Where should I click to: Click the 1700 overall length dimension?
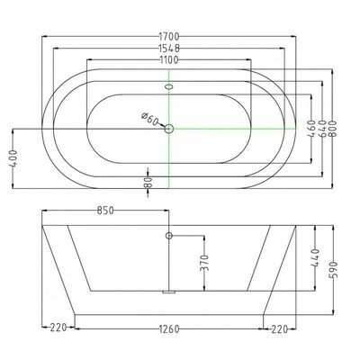click(x=169, y=37)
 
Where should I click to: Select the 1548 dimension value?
click(x=169, y=48)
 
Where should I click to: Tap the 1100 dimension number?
click(x=169, y=60)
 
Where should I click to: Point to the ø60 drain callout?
click(x=149, y=119)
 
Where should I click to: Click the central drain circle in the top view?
click(x=169, y=129)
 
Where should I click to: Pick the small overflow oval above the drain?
click(x=169, y=86)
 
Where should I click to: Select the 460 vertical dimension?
click(x=311, y=129)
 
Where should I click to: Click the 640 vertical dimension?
click(x=322, y=129)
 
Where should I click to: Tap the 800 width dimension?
click(x=332, y=129)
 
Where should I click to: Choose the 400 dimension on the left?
click(x=13, y=158)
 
